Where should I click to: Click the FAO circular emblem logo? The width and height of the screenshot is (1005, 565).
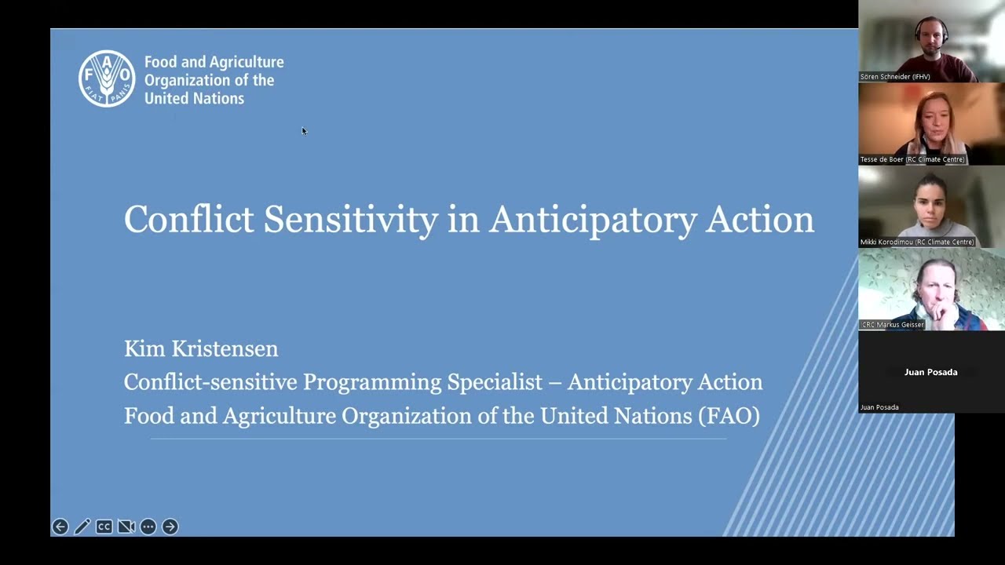coord(107,78)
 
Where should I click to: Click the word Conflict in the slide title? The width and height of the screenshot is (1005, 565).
coord(189,220)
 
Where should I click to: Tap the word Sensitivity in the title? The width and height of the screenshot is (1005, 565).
coord(350,220)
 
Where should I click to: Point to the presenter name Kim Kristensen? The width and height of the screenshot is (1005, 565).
coord(201,348)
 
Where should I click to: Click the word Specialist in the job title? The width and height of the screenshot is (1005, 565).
coord(495,382)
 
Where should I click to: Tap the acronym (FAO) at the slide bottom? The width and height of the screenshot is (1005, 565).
coord(729,416)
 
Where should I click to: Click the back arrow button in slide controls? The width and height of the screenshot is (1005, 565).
coord(60,527)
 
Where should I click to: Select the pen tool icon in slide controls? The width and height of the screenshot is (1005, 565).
coord(82,527)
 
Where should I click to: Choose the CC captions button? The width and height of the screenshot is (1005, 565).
coord(104,527)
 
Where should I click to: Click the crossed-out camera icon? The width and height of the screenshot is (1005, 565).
coord(126,527)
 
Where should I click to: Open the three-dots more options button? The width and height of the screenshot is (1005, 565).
coord(148,527)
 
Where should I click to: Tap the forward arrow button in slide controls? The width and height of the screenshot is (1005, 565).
coord(170,527)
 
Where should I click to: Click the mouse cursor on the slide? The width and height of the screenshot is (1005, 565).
coord(304,131)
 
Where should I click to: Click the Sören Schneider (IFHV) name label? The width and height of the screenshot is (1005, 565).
coord(895,77)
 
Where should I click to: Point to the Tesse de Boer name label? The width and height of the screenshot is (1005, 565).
coord(912,159)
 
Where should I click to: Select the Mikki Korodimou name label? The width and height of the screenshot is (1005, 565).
coord(916,242)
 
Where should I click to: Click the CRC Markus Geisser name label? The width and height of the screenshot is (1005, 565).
coord(893,324)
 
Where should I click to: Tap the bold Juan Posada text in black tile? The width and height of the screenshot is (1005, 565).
coord(930,372)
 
